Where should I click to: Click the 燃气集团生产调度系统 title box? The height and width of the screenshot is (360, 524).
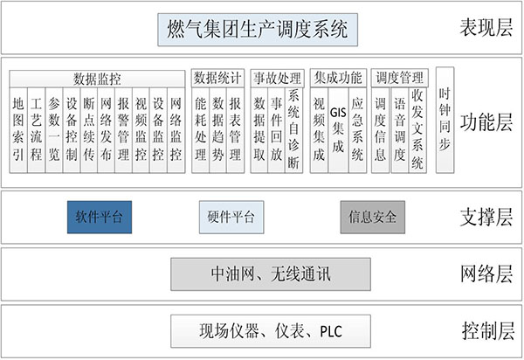coord(258,30)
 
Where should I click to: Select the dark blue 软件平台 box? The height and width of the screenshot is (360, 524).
coord(100,217)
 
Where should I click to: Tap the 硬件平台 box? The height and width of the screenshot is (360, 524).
coord(231,217)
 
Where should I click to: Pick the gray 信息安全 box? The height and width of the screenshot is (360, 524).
coord(373,217)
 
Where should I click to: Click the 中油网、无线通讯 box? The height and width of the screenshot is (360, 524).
coord(271,274)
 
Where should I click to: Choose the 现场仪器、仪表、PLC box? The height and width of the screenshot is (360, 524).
coord(271,331)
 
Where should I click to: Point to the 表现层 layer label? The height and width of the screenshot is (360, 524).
coord(486,27)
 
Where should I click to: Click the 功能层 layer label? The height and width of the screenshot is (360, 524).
coord(486,122)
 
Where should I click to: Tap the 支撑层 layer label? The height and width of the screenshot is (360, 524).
coord(486,217)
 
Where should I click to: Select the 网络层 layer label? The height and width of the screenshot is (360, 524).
coord(486,273)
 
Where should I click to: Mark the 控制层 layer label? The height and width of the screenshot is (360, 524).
coord(487,331)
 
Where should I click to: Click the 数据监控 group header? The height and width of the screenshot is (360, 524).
coord(97,79)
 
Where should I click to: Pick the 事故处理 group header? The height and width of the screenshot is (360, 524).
coord(277,79)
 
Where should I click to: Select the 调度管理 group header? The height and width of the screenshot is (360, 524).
coord(400,78)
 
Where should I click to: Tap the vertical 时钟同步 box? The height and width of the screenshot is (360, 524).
coord(445,120)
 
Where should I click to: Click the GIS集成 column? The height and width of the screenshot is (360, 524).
coord(338,130)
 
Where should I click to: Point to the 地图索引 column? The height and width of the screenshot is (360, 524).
coord(18,130)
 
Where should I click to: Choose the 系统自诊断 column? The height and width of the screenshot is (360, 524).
coord(293,130)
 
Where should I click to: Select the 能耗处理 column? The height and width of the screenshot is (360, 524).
coord(201,130)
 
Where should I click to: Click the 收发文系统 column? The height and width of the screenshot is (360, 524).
coord(417,130)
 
